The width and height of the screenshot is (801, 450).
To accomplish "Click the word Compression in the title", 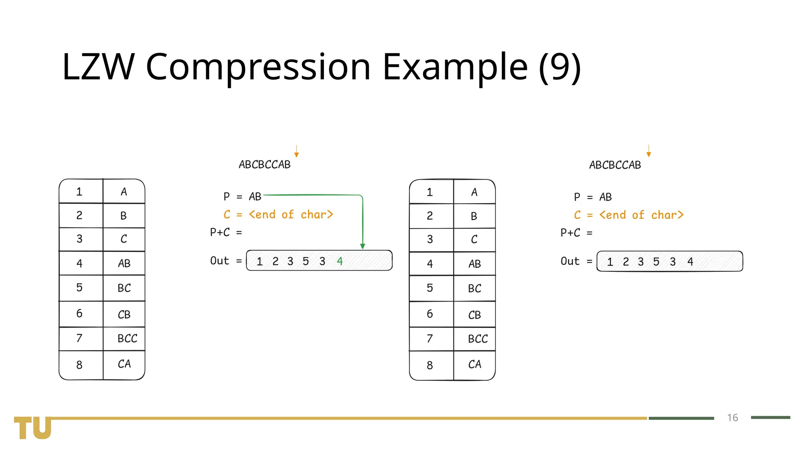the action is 258,67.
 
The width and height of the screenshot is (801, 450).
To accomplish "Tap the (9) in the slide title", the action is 560,67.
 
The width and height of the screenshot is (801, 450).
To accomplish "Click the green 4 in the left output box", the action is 339,261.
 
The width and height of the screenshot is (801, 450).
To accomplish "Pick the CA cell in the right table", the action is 474,364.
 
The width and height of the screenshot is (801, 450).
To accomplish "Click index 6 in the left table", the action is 79,313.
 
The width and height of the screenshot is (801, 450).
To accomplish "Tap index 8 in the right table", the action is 430,365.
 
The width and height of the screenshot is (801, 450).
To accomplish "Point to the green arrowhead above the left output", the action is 363,246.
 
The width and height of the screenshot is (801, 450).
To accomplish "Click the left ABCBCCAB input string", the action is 265,164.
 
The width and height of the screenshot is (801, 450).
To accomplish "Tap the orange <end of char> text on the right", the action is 641,215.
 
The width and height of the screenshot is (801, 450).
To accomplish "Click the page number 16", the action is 732,418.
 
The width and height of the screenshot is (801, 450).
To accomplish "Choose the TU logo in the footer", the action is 33,428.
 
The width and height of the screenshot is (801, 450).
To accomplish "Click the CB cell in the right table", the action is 474,315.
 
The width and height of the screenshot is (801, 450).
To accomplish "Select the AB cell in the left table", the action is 124,263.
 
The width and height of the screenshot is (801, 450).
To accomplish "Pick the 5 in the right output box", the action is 656,261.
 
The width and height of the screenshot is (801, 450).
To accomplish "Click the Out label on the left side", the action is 219,261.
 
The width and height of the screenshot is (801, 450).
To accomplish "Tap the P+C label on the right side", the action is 570,233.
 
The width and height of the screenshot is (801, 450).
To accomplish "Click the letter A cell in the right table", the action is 474,192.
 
